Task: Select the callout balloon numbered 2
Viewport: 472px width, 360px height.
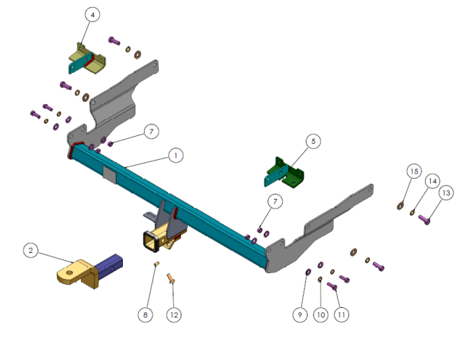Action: point(30,250)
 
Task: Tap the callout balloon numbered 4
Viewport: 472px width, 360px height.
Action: point(92,14)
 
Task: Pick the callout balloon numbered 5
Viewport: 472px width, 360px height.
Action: point(312,141)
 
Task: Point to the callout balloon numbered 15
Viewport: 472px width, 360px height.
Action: point(413,171)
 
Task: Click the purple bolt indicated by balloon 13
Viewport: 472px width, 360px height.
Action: point(424,218)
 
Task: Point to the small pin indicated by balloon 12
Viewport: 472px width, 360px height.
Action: point(171,278)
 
